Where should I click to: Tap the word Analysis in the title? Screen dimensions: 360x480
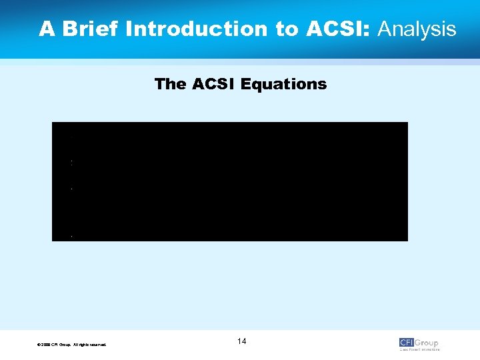point(417,29)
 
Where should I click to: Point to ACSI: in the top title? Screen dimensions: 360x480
point(340,29)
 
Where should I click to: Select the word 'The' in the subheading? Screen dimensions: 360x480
point(170,85)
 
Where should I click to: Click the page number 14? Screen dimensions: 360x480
point(241,342)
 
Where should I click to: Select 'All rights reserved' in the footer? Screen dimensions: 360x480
point(91,345)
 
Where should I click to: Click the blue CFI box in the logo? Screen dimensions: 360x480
point(407,343)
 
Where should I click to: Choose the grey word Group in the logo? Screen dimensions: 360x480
point(427,343)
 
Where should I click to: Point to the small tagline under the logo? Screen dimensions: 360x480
point(419,349)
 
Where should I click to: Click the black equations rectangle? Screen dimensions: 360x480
point(230,181)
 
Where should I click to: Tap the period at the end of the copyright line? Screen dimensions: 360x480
point(106,345)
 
